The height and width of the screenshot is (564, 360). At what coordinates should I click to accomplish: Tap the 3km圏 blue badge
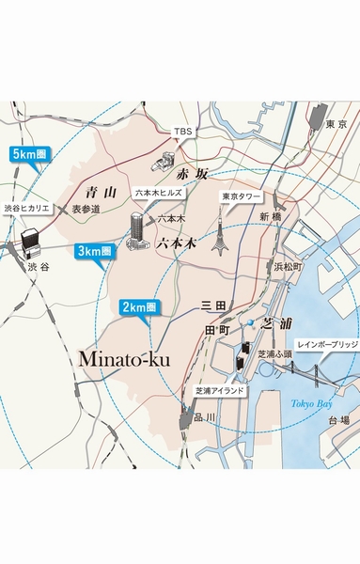94,251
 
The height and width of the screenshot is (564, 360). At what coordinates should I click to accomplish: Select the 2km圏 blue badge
139,306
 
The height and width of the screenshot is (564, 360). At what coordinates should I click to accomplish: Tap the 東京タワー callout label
240,197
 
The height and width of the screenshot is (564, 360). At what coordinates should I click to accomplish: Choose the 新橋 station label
271,215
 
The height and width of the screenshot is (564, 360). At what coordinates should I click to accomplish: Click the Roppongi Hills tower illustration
135,230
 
